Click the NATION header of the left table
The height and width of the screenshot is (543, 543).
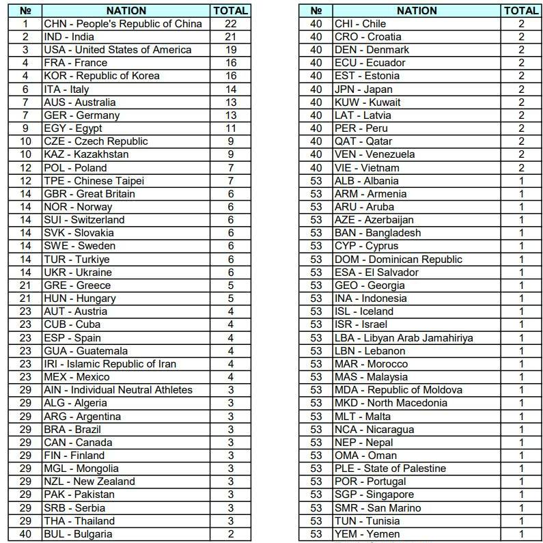tap(126, 11)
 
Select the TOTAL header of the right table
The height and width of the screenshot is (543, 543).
tap(521, 11)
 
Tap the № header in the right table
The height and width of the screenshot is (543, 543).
tap(316, 11)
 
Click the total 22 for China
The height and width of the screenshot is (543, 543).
tap(231, 24)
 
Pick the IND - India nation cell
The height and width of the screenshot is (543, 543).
tap(69, 37)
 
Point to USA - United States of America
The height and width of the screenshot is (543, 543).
tap(117, 50)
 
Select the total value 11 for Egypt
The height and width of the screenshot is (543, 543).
tap(231, 128)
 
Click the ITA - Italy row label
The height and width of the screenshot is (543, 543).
tap(66, 89)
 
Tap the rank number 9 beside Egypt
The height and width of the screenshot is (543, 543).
tap(25, 128)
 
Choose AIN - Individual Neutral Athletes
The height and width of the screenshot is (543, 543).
tap(118, 390)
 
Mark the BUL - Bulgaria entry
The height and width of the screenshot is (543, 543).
tap(78, 534)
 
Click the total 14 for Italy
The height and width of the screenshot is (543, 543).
tap(231, 89)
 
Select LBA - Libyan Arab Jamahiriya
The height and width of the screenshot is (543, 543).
tap(404, 338)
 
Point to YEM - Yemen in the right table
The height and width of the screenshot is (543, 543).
tap(367, 534)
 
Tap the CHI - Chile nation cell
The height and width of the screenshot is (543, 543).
tap(360, 24)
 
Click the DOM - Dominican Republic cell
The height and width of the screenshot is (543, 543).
tap(398, 260)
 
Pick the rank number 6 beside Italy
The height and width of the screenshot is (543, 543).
tap(25, 89)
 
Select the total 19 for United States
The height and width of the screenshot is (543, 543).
tap(231, 50)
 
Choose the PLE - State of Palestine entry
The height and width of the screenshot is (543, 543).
tap(390, 469)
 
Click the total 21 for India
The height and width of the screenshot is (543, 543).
tap(231, 37)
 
